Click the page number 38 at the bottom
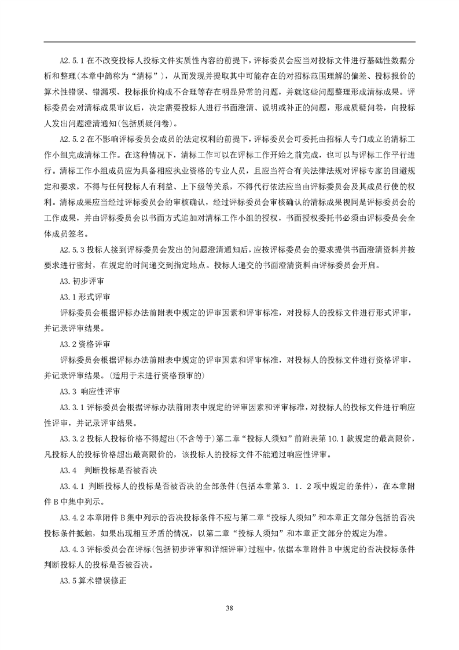pyautogui.click(x=229, y=607)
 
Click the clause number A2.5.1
pyautogui.click(x=73, y=60)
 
